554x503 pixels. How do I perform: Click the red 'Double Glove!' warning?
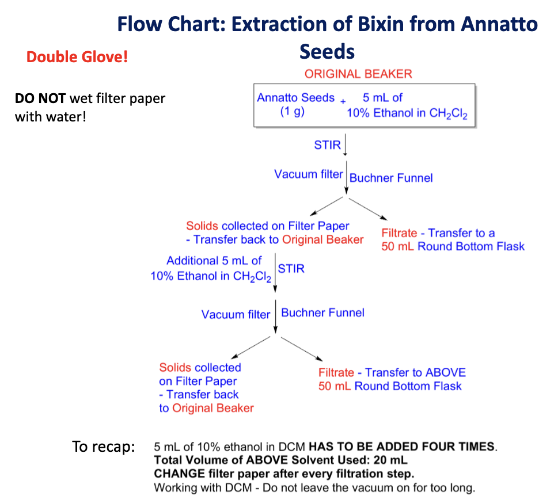pyautogui.click(x=77, y=58)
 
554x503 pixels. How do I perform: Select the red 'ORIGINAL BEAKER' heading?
pyautogui.click(x=358, y=74)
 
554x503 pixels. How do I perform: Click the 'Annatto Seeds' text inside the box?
pyautogui.click(x=295, y=98)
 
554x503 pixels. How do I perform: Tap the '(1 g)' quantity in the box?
pyautogui.click(x=292, y=112)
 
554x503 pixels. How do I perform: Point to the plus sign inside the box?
pyautogui.click(x=343, y=101)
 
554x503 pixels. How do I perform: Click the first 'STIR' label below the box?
pyautogui.click(x=327, y=145)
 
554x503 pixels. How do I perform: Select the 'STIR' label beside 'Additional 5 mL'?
pyautogui.click(x=291, y=269)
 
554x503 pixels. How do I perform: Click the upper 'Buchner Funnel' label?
pyautogui.click(x=391, y=178)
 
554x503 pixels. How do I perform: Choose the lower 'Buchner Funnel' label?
pyautogui.click(x=322, y=313)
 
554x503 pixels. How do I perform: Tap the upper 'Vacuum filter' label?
pyautogui.click(x=309, y=174)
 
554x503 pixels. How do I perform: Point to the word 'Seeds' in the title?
pyautogui.click(x=327, y=51)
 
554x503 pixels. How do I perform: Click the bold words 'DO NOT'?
pyautogui.click(x=40, y=98)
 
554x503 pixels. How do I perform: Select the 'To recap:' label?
pyautogui.click(x=103, y=447)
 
